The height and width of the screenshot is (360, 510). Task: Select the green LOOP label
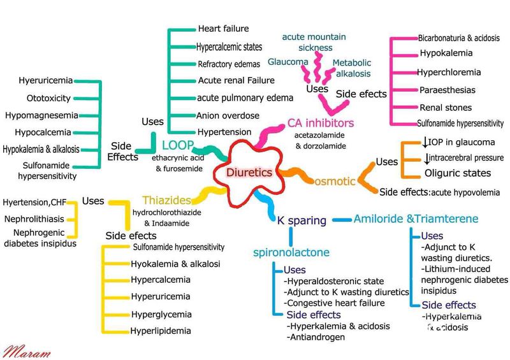[x=177, y=144]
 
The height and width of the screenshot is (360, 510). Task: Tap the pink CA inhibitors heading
[x=320, y=123]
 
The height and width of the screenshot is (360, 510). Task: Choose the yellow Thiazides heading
[x=167, y=200]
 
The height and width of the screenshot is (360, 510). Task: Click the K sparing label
[x=302, y=220]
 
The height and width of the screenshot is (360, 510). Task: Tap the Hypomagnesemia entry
[x=42, y=115]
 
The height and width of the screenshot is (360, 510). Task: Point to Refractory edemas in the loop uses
[x=228, y=63]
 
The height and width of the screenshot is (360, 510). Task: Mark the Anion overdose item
[x=228, y=115]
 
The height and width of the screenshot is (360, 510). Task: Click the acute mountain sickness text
[x=314, y=42]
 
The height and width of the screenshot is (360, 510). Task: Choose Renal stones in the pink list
[x=446, y=108]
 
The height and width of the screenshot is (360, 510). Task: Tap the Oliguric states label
[x=458, y=173]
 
